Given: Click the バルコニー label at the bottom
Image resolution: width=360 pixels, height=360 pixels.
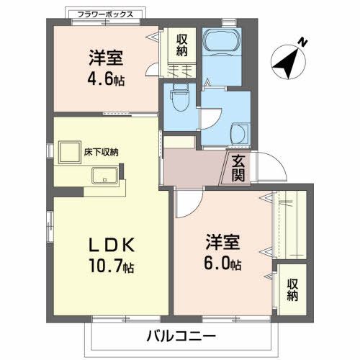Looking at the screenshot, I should click(x=180, y=336).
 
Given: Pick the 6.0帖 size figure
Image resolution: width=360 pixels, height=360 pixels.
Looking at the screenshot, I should click(x=220, y=263).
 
